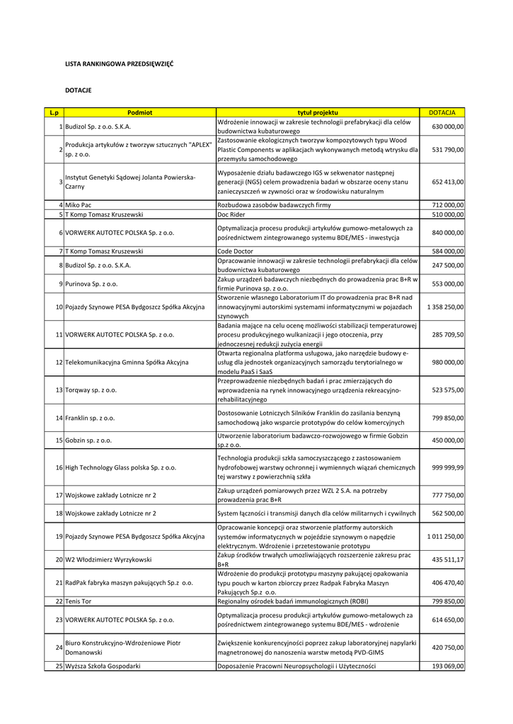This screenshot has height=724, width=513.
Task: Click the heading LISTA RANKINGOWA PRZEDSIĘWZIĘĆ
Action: click(119, 64)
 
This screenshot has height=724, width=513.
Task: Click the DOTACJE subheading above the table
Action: click(78, 90)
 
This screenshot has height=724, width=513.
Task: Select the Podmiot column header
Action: click(139, 112)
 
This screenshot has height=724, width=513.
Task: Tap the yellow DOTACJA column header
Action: click(442, 112)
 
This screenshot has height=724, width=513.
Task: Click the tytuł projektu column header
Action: click(318, 112)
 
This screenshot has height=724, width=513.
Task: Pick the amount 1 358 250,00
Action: click(445, 307)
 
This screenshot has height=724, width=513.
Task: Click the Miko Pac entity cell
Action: click(78, 205)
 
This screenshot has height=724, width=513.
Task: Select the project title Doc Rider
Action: click(232, 214)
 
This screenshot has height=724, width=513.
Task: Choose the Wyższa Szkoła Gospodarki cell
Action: click(103, 666)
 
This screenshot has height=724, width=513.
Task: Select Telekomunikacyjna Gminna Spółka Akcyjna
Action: click(127, 362)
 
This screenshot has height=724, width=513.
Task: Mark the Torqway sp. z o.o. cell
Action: click(91, 390)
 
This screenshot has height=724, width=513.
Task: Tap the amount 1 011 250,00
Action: click(445, 537)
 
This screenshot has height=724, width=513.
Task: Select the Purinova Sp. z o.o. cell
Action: click(91, 284)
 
